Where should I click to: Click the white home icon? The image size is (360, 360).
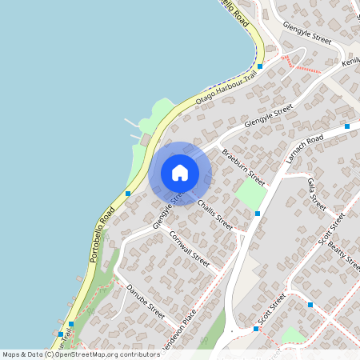(180, 173)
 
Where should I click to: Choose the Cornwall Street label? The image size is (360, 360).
(190, 249)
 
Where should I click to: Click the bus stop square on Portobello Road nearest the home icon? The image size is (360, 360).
(128, 193)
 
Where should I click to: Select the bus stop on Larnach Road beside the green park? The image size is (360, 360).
(258, 214)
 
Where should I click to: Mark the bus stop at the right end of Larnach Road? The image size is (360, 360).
(347, 126)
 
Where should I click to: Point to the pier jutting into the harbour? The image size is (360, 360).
(130, 124)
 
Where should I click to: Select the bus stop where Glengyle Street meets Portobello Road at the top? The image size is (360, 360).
(260, 66)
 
